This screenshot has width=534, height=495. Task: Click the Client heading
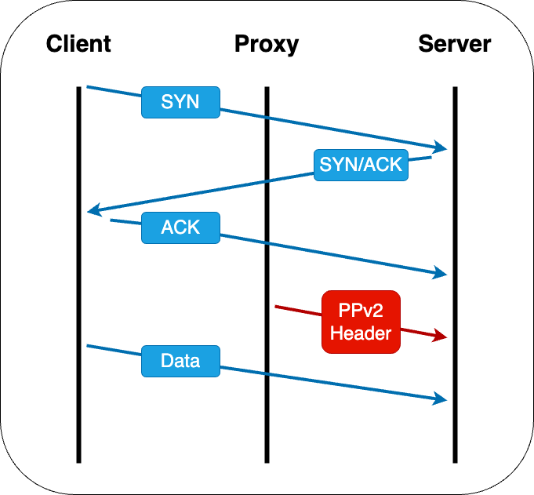click(78, 43)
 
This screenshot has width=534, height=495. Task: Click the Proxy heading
click(267, 43)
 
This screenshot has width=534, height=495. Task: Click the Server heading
click(454, 43)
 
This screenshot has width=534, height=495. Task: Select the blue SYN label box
click(180, 102)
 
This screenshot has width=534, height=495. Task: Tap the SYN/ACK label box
click(361, 165)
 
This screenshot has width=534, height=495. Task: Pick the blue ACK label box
click(180, 227)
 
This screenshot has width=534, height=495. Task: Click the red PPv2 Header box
click(361, 322)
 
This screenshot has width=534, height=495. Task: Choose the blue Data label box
click(180, 361)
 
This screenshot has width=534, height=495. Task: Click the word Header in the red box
click(361, 333)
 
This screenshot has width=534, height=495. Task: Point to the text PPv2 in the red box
click(361, 311)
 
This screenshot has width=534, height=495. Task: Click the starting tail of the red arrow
click(276, 306)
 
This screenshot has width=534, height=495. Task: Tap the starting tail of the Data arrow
click(88, 345)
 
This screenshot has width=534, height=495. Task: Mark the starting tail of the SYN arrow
click(88, 86)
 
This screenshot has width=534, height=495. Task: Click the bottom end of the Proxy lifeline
click(267, 460)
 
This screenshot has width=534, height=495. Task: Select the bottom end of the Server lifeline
click(455, 460)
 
